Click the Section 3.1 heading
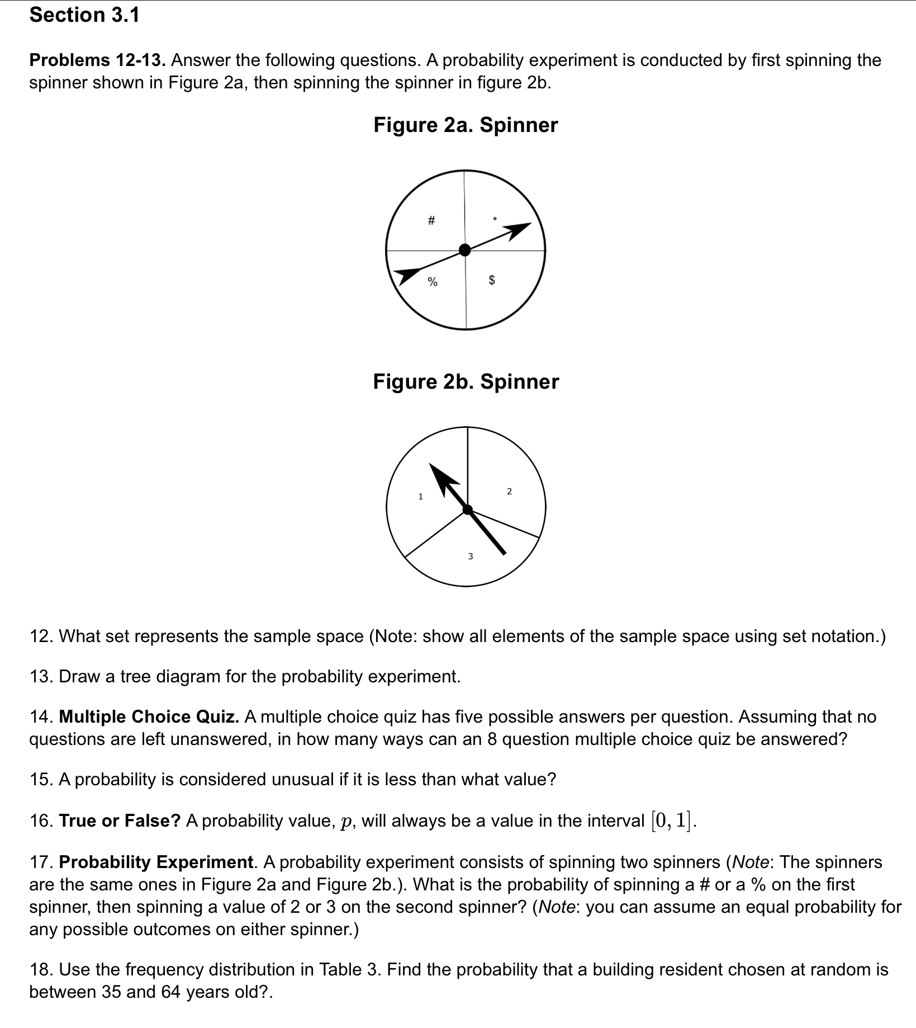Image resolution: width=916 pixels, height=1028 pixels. [x=84, y=15]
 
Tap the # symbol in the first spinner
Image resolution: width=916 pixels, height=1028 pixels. [x=430, y=221]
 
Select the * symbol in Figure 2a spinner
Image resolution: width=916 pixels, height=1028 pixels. [x=493, y=218]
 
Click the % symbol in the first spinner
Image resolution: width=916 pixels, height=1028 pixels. [x=432, y=281]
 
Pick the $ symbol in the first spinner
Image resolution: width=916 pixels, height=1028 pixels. [x=492, y=280]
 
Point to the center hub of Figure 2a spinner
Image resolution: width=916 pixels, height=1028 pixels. [x=464, y=249]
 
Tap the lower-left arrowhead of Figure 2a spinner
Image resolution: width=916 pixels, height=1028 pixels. [x=407, y=275]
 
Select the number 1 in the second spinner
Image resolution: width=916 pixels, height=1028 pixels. [x=421, y=496]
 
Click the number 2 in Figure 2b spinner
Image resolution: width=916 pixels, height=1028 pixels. [x=509, y=491]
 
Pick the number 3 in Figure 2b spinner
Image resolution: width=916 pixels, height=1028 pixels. [x=470, y=556]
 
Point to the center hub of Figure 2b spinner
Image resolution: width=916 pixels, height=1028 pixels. [x=468, y=509]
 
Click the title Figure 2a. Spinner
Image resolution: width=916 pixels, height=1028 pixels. [x=466, y=125]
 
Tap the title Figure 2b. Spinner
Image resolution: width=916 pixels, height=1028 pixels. [x=466, y=381]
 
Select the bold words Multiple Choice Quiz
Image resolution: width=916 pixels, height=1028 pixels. [x=149, y=716]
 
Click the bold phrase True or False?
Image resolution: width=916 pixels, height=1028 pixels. [x=120, y=820]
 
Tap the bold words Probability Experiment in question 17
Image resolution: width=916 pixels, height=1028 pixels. [x=156, y=862]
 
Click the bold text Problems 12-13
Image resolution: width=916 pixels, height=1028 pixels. [x=97, y=60]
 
